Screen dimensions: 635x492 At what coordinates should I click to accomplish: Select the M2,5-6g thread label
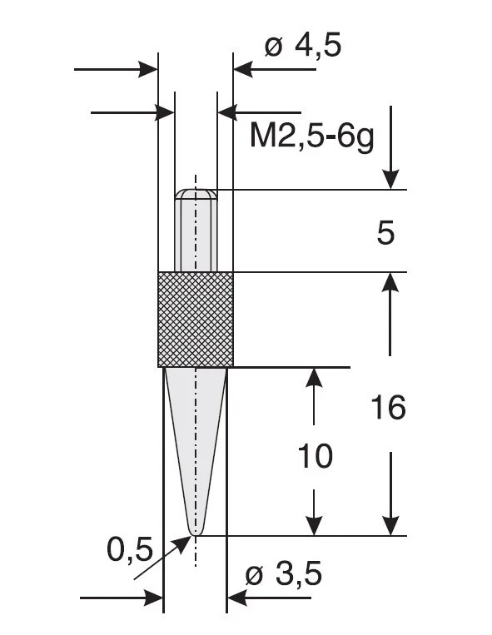coord(311,134)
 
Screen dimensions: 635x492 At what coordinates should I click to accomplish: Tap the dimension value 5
coord(385,234)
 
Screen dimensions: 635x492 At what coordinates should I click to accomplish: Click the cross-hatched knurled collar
coord(196,319)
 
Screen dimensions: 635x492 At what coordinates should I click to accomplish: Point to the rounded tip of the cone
coord(196,530)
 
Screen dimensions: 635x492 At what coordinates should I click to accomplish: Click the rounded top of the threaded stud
coord(196,194)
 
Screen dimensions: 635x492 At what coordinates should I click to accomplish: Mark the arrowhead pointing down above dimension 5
coord(390,179)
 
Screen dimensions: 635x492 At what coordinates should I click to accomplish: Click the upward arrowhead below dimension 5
coord(390,284)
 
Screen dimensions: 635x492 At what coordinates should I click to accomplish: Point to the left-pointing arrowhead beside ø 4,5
coord(243,68)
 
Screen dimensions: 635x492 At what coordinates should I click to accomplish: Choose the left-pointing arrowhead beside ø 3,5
coord(236,597)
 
